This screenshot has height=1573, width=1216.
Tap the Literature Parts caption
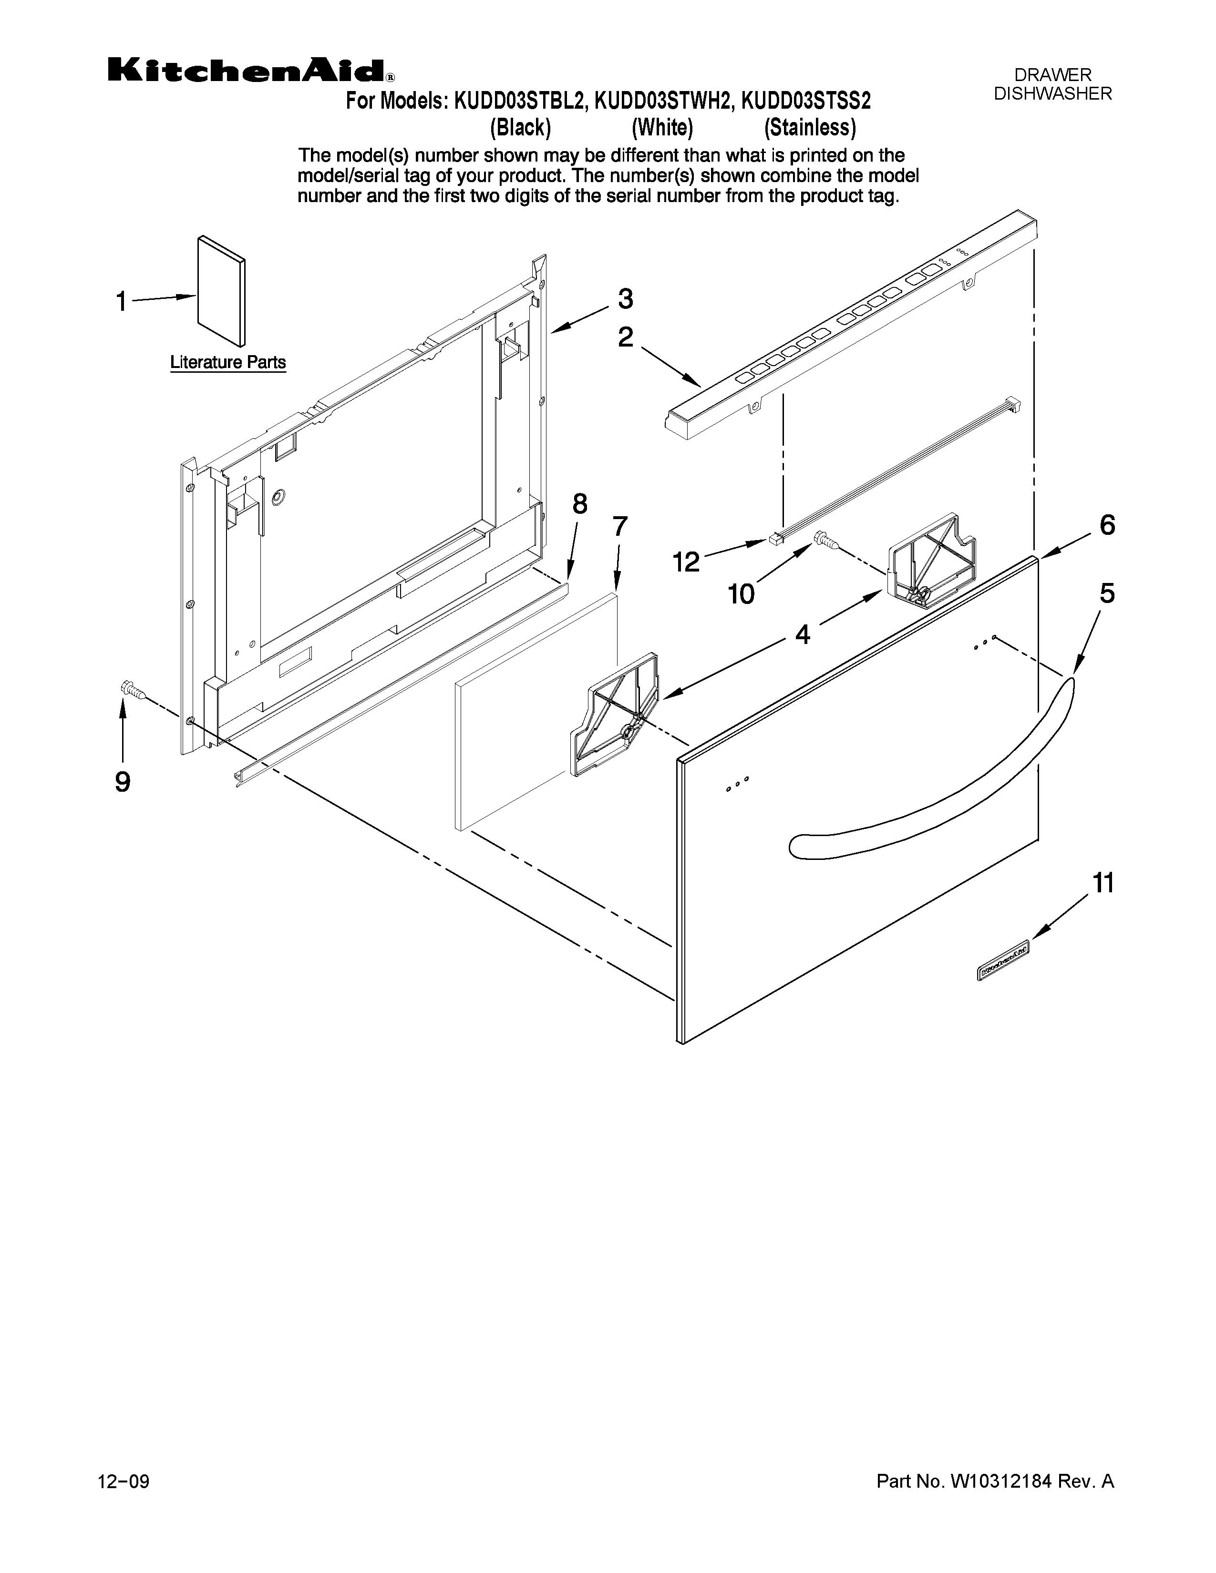[227, 362]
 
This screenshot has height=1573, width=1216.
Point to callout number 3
[625, 299]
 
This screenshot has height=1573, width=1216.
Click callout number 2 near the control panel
[625, 337]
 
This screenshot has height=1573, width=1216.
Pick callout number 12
[686, 562]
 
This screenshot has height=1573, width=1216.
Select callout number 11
[1103, 882]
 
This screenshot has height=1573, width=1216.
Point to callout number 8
[579, 504]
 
